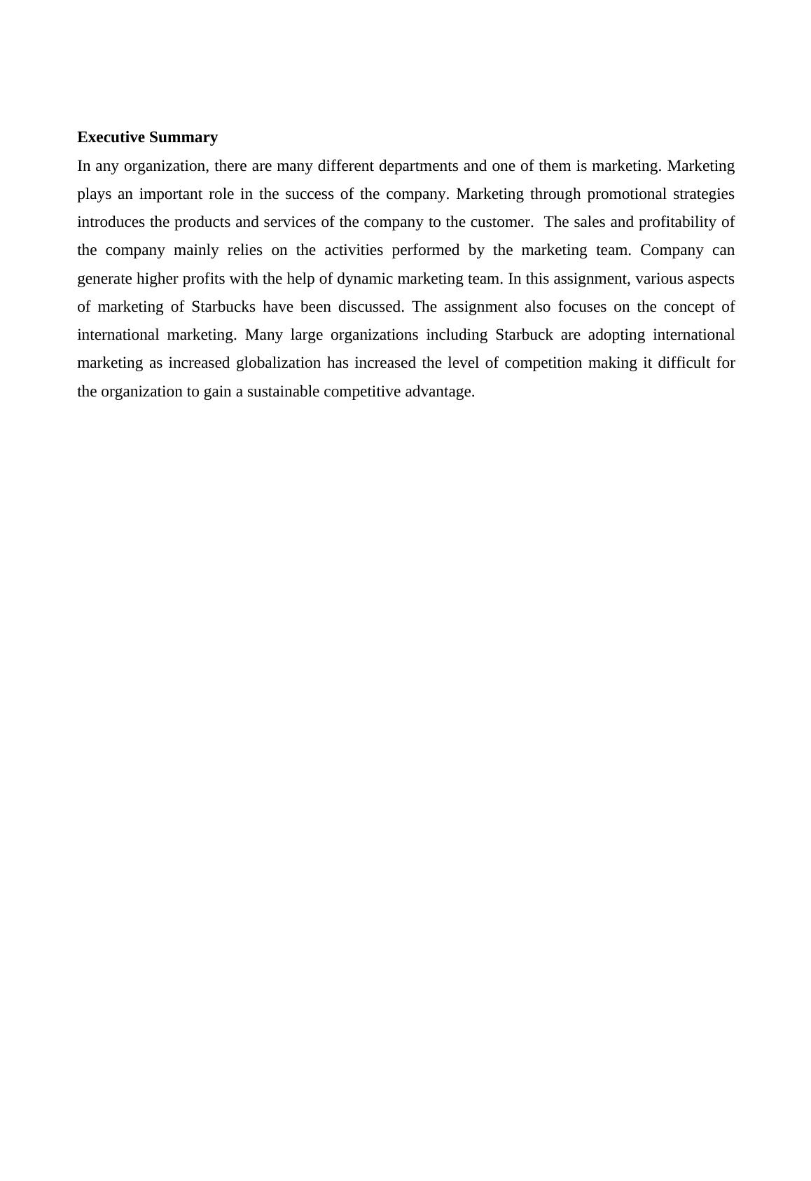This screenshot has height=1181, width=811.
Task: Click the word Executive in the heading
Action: point(111,137)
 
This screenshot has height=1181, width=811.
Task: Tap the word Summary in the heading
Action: point(183,137)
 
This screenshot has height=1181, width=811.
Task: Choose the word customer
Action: point(501,222)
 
